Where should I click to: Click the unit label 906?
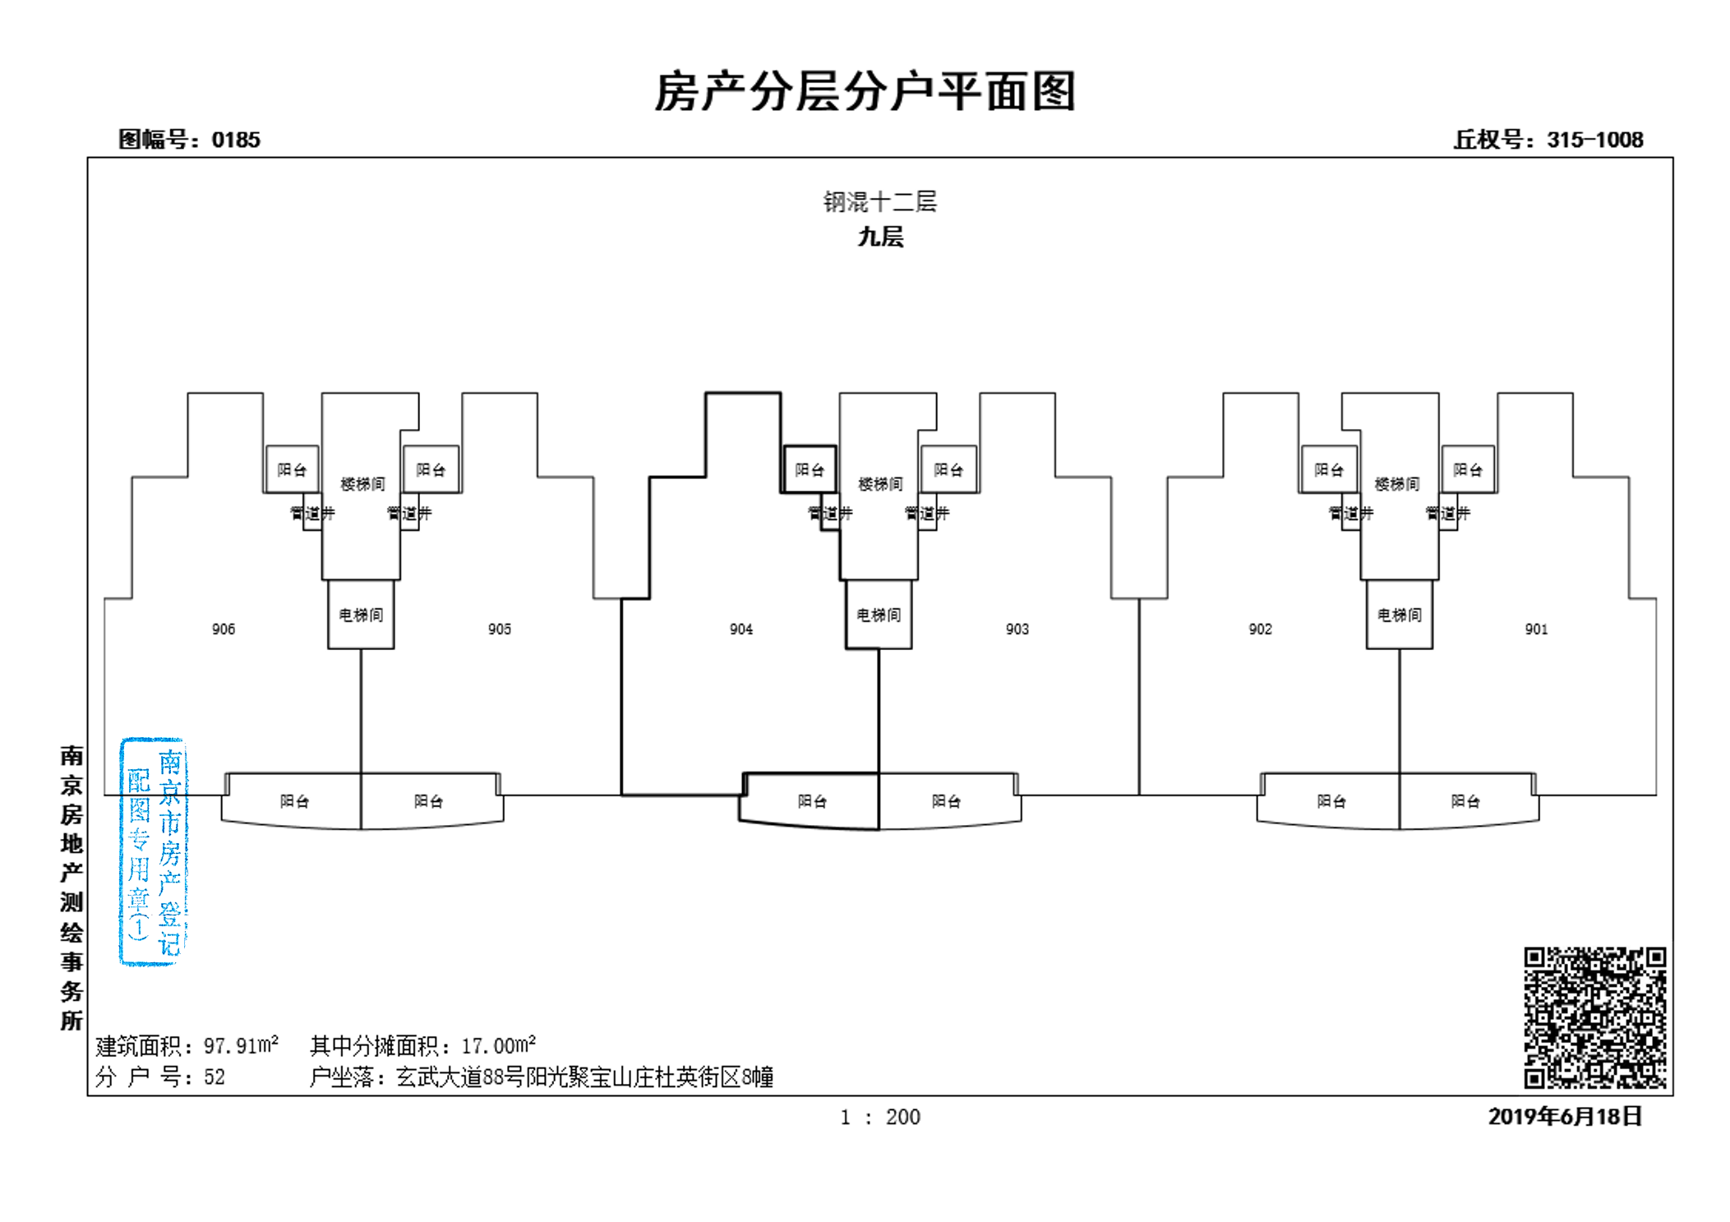(x=223, y=629)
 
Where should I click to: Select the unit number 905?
(x=499, y=629)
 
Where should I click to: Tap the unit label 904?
(x=740, y=629)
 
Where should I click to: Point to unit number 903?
(x=1017, y=629)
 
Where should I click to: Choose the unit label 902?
(x=1260, y=629)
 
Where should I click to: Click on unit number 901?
(x=1536, y=629)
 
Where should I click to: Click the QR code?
(x=1594, y=1017)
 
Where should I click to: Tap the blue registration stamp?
(x=154, y=851)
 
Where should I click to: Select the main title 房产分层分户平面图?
(x=865, y=90)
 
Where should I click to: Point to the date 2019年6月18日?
(x=1565, y=1116)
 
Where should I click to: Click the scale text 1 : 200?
(x=879, y=1117)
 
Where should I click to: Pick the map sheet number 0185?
(x=236, y=140)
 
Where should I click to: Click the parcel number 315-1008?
(x=1594, y=140)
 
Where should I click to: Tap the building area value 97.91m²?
(x=241, y=1045)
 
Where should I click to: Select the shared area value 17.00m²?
(x=498, y=1045)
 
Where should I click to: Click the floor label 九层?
(x=880, y=237)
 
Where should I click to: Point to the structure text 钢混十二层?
(x=880, y=201)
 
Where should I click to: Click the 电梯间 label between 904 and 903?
(x=879, y=615)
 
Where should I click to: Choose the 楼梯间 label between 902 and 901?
(x=1397, y=484)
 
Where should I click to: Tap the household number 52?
(x=214, y=1077)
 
